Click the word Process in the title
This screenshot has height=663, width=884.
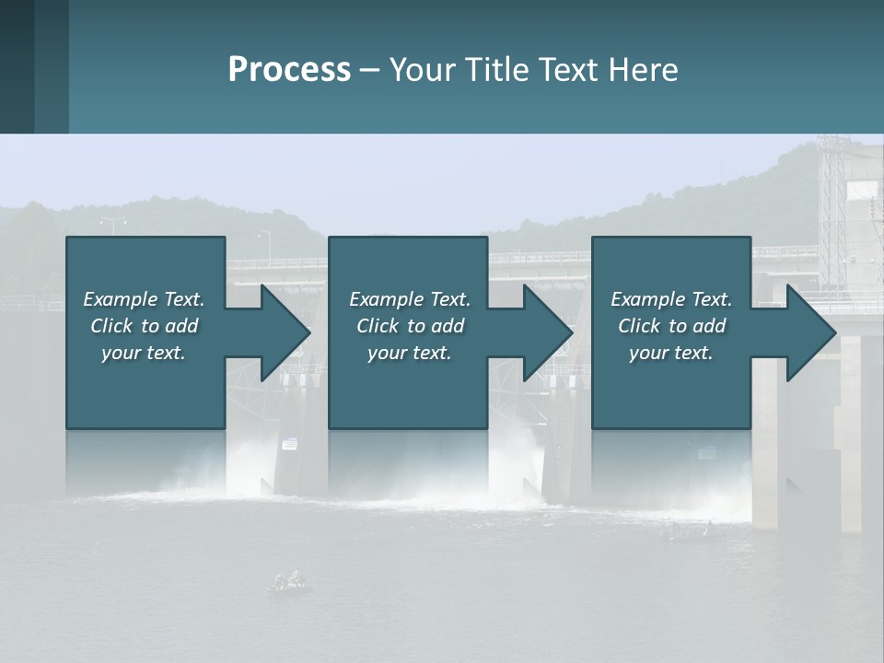pyautogui.click(x=289, y=69)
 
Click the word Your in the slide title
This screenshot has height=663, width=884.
pyautogui.click(x=423, y=69)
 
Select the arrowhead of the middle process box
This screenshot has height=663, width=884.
pyautogui.click(x=546, y=332)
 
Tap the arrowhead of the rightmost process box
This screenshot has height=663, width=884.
pyautogui.click(x=809, y=332)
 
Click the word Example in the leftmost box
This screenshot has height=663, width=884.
pyautogui.click(x=121, y=299)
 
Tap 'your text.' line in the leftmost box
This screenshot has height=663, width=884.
pyautogui.click(x=144, y=353)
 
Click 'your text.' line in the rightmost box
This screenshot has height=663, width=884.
pyautogui.click(x=671, y=353)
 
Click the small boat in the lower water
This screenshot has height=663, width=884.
pyautogui.click(x=289, y=582)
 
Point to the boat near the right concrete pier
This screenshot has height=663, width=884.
pyautogui.click(x=686, y=530)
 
